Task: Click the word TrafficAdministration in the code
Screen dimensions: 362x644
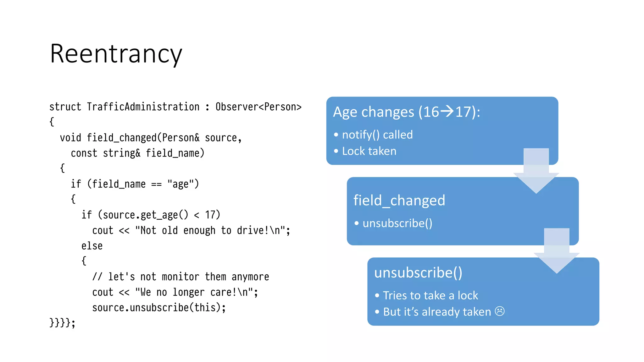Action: (143, 107)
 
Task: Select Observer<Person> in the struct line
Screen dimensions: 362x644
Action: (258, 107)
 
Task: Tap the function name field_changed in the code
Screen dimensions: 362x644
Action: (121, 138)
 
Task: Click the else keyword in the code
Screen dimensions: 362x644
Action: (92, 246)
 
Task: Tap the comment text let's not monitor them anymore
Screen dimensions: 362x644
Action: (188, 277)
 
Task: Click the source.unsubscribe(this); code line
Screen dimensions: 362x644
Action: (159, 307)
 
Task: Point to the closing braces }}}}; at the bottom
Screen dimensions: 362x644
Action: (62, 323)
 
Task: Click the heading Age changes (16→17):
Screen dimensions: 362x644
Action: (406, 112)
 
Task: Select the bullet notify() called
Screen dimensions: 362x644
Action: (377, 135)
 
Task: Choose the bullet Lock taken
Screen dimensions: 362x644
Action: (369, 151)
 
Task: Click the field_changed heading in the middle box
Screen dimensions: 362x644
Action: (399, 200)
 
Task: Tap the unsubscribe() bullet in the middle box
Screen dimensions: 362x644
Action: (397, 223)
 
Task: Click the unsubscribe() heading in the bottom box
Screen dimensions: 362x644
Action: (418, 272)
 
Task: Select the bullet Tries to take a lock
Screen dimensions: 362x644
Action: (430, 295)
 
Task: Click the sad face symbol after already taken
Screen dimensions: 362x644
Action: (500, 311)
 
